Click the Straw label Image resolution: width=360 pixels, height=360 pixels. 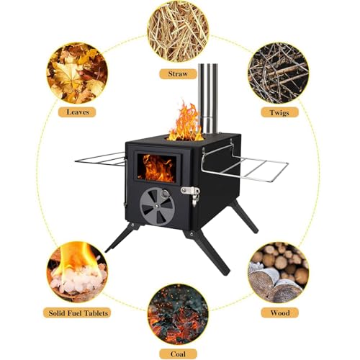point(178,73)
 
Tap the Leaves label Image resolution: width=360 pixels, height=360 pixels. point(77,112)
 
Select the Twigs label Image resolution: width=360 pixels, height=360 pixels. point(279,112)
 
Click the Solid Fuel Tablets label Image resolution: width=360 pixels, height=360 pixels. point(78,313)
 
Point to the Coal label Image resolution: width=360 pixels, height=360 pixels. point(178,354)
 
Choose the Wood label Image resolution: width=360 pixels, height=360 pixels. point(280,313)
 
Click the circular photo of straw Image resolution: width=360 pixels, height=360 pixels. point(178,32)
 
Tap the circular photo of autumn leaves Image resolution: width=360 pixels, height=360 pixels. point(77,73)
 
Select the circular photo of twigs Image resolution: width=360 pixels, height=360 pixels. point(279,73)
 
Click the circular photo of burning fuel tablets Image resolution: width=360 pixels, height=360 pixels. point(77,272)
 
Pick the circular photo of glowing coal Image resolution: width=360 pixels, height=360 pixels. point(178,315)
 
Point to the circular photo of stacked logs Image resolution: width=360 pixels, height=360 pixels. point(279,272)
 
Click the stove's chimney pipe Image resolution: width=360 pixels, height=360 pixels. point(208,99)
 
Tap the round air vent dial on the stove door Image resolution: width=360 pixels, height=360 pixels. point(157,207)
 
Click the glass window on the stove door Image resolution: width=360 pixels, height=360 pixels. point(157,168)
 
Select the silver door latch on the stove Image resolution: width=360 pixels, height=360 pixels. point(191,194)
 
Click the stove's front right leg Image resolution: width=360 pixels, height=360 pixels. point(207,251)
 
